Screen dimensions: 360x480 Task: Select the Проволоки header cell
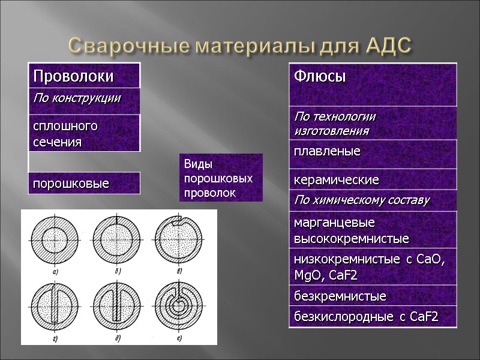click(83, 76)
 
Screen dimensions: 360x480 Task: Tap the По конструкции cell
click(83, 98)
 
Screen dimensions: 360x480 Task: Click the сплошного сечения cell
click(83, 133)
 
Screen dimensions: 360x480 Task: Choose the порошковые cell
click(83, 182)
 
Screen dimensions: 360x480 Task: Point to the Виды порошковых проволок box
click(221, 178)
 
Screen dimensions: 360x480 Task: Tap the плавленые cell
click(372, 152)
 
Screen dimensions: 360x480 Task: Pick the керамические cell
click(372, 179)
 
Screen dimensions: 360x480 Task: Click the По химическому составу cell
click(372, 200)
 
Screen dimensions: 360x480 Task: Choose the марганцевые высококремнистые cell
click(372, 230)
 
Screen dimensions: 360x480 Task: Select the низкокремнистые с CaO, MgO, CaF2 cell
click(372, 266)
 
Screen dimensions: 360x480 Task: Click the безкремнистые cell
click(372, 296)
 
